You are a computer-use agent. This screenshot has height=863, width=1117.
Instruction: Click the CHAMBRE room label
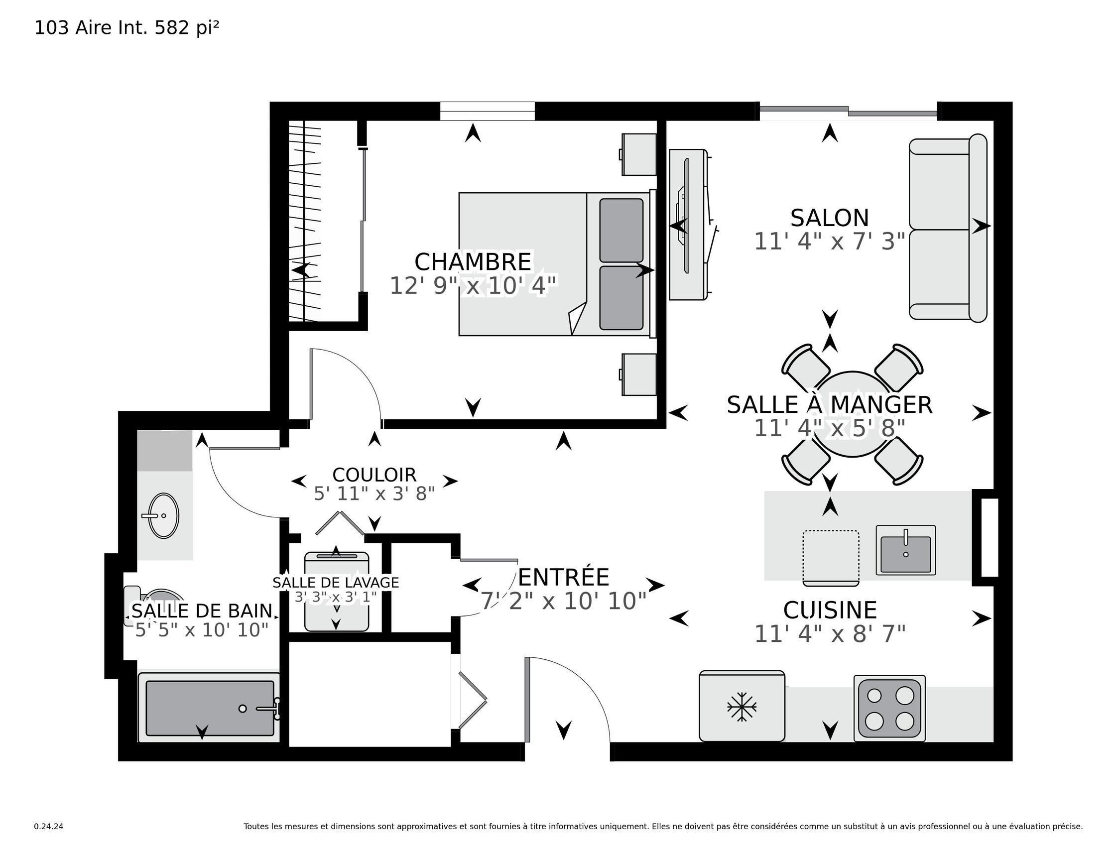(473, 262)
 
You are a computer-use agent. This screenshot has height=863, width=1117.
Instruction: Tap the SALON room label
(830, 218)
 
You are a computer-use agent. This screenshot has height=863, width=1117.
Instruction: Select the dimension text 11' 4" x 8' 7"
(830, 634)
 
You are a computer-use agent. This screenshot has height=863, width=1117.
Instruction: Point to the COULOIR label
(374, 475)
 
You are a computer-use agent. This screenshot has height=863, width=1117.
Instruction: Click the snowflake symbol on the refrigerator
(742, 708)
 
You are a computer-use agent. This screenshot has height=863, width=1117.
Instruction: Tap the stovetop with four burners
(889, 709)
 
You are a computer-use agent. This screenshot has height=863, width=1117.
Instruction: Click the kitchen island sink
(906, 550)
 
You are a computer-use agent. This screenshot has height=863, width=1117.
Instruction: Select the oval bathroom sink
(163, 515)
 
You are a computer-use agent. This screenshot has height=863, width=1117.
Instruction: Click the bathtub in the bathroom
(209, 708)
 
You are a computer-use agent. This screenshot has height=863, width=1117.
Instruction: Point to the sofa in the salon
(948, 228)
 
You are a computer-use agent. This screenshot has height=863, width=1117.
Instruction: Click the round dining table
(853, 414)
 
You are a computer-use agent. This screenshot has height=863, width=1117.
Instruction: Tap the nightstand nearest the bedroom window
(639, 154)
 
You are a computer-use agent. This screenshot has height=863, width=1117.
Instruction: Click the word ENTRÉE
(564, 578)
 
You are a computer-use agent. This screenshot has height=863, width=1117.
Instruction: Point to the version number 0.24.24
(49, 826)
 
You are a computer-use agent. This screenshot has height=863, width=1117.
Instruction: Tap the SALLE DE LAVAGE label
(336, 583)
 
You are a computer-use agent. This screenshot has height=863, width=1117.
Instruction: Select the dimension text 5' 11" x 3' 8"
(374, 493)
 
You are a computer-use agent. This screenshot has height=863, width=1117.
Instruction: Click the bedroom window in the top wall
(488, 111)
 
